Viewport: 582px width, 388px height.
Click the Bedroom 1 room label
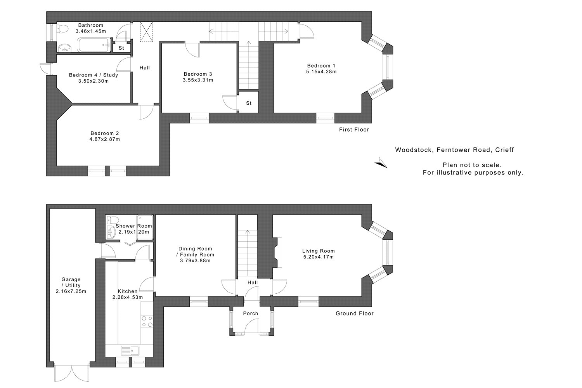321,66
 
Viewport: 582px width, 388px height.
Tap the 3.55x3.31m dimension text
198,80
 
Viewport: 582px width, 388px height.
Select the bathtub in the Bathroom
94,45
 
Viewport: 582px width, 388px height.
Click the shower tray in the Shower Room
145,227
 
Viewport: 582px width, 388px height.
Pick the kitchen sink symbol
130,351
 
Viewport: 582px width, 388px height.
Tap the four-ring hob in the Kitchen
147,322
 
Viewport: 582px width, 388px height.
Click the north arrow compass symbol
381,163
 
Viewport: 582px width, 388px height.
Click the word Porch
251,314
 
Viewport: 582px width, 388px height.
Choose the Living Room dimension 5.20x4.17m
319,257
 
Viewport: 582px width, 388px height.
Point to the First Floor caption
354,130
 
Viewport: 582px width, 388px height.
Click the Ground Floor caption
355,313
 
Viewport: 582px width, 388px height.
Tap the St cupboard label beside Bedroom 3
249,103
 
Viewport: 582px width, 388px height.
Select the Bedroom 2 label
105,133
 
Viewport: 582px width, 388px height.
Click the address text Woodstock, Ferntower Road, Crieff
454,150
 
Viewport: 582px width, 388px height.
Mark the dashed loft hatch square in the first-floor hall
147,32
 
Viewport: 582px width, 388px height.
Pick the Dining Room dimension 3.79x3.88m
195,261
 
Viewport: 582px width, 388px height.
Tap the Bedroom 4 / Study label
94,75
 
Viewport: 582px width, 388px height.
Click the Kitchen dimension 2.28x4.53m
128,297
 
